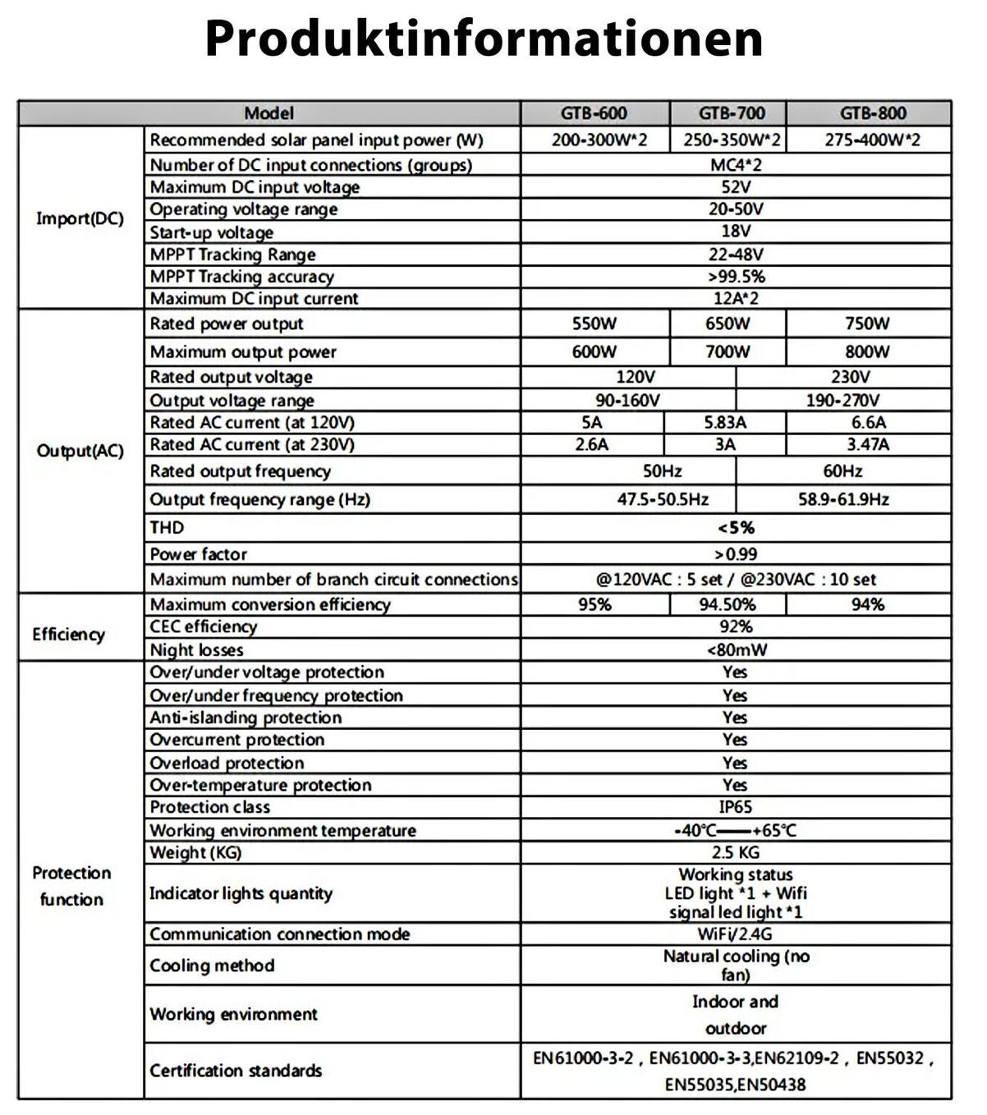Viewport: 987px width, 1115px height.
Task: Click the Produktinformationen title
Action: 484,38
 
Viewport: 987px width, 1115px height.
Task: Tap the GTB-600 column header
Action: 594,113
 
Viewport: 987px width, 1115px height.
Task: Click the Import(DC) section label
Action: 80,218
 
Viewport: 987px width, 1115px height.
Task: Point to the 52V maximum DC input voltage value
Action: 736,187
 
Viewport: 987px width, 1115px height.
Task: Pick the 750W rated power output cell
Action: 867,323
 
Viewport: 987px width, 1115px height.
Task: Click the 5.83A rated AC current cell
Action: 725,423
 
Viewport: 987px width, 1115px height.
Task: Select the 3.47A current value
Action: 868,445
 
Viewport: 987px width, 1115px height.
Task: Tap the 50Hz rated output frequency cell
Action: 662,471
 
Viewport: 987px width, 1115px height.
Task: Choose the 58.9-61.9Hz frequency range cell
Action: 843,499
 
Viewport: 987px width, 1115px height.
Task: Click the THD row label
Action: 167,528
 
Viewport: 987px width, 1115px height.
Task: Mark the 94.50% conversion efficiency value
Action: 728,605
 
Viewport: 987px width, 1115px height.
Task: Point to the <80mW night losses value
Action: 737,650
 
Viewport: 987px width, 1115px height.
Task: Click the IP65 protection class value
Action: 736,807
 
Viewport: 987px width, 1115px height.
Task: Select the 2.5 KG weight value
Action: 736,852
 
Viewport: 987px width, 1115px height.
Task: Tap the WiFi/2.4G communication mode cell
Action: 735,934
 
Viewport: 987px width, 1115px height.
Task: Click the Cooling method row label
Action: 212,966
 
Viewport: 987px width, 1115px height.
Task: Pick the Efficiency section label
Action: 69,635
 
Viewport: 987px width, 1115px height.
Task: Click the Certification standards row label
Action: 236,1071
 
